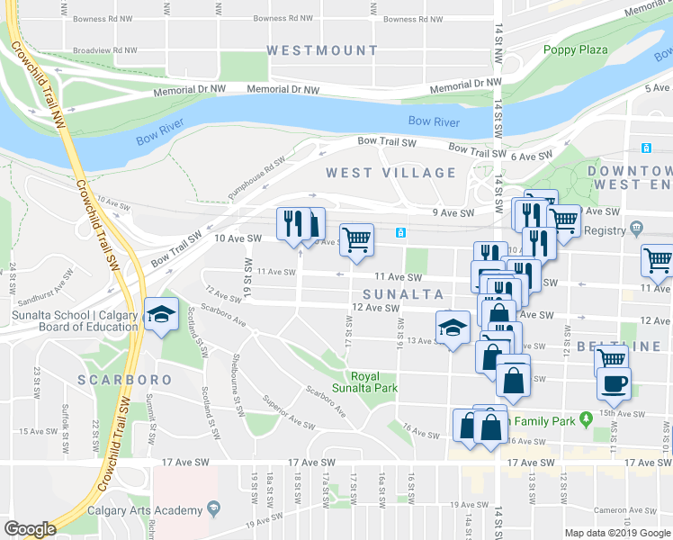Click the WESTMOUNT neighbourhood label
pyautogui.click(x=322, y=50)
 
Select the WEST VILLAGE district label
pyautogui.click(x=390, y=172)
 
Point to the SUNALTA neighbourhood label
pyautogui.click(x=403, y=294)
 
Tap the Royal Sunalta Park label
pyautogui.click(x=373, y=382)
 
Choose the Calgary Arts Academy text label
pyautogui.click(x=145, y=510)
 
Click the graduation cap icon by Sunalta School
pyautogui.click(x=161, y=314)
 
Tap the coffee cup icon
pyautogui.click(x=614, y=382)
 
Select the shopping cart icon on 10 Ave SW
pyautogui.click(x=356, y=240)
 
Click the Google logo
pyautogui.click(x=30, y=529)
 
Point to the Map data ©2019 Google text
pyautogui.click(x=618, y=533)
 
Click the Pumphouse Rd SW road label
pyautogui.click(x=256, y=171)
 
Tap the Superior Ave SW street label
pyautogui.click(x=288, y=412)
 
